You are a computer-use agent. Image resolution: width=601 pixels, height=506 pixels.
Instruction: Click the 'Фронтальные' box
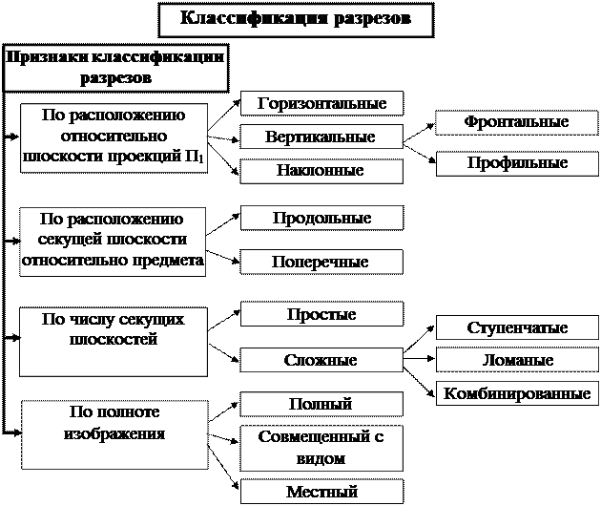tap(516, 122)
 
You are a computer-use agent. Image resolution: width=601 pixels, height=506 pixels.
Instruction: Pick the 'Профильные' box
tap(516, 163)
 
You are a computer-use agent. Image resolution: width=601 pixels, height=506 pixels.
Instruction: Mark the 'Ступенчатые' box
tap(516, 328)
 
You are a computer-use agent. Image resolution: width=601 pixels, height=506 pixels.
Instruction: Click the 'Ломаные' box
tap(516, 361)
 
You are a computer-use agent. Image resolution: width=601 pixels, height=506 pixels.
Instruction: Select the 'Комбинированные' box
tap(516, 393)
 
